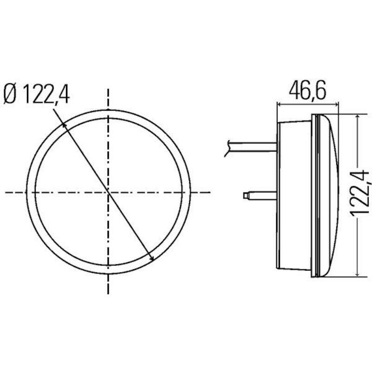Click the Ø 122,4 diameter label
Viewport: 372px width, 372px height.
point(37,94)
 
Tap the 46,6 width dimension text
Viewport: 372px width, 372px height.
point(308,91)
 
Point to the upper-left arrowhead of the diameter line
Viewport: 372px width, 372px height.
point(64,125)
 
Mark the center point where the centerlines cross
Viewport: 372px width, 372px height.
point(108,193)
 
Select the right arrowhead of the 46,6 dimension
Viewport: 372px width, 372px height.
point(336,104)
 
